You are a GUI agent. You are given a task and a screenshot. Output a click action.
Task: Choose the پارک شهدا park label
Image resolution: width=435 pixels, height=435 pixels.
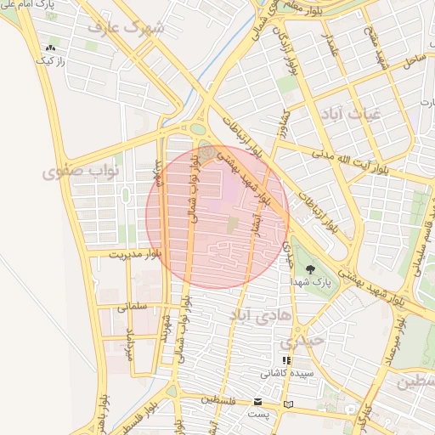(x=308, y=280)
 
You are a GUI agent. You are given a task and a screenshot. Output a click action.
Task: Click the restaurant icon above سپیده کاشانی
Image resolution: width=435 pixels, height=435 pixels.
(x=286, y=360)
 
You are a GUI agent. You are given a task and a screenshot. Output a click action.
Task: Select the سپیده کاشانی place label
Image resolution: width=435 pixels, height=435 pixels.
(x=286, y=373)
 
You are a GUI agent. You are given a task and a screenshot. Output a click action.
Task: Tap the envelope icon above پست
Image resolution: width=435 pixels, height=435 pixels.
(x=258, y=401)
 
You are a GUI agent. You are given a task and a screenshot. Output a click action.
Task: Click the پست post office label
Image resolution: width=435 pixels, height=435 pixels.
(x=257, y=414)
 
